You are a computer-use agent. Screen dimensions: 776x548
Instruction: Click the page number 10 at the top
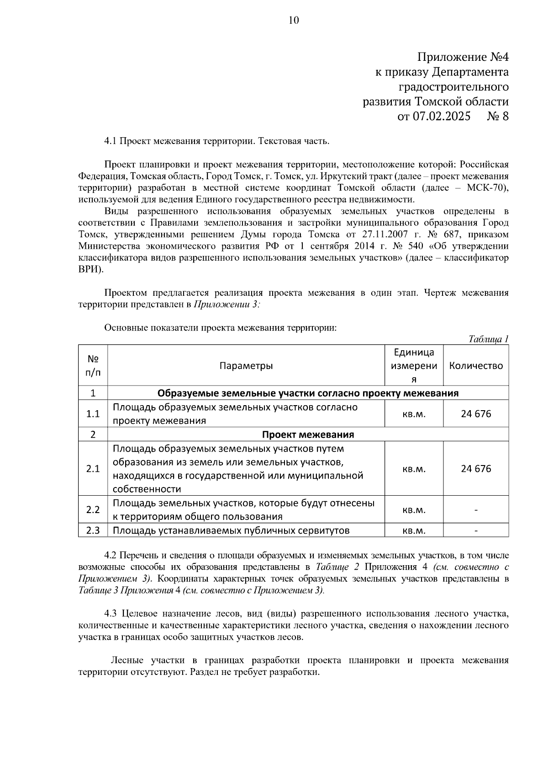[294, 20]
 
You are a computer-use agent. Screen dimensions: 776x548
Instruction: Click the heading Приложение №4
[463, 57]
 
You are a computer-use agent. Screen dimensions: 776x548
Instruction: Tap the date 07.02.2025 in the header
[441, 116]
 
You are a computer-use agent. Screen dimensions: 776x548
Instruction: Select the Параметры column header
[246, 366]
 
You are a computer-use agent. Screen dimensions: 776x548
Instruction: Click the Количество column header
[476, 366]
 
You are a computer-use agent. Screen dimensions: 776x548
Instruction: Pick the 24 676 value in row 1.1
[476, 414]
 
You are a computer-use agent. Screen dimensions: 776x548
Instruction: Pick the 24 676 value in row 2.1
[476, 469]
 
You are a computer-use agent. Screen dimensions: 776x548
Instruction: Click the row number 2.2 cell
[93, 509]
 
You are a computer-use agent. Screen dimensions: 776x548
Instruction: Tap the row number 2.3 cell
[93, 530]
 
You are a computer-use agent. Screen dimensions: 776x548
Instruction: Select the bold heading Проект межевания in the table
[308, 434]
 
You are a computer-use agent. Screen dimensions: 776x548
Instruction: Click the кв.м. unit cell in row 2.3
[414, 530]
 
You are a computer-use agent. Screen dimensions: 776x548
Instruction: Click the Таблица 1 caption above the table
[488, 339]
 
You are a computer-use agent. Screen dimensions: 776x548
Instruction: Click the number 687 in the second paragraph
[440, 235]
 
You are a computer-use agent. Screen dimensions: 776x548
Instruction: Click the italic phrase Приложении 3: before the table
[227, 305]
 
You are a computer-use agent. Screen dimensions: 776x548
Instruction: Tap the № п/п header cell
[93, 366]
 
